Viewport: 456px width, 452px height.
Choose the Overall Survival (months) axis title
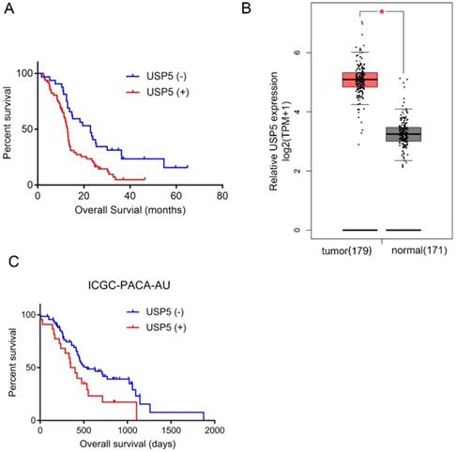tap(129, 210)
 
